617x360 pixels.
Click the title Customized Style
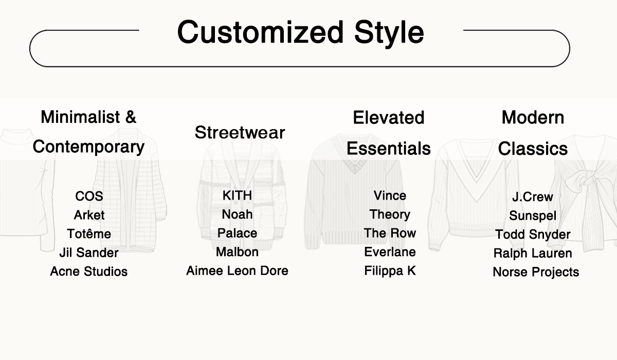click(300, 32)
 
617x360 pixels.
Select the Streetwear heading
click(240, 133)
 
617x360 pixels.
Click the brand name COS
click(89, 196)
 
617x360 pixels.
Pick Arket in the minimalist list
click(89, 215)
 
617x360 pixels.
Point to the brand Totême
click(89, 233)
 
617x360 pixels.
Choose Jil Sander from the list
click(89, 253)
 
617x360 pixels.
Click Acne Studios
click(88, 272)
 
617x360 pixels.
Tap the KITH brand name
click(237, 195)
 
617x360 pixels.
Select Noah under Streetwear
click(237, 214)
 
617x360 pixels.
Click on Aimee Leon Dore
click(237, 271)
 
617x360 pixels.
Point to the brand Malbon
click(237, 252)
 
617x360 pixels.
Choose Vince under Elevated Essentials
click(390, 195)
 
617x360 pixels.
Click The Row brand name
click(390, 233)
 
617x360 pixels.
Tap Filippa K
click(390, 271)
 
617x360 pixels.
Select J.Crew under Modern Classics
click(533, 196)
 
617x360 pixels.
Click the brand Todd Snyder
click(533, 235)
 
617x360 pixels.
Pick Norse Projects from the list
click(536, 272)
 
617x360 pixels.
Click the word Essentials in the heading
click(389, 148)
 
